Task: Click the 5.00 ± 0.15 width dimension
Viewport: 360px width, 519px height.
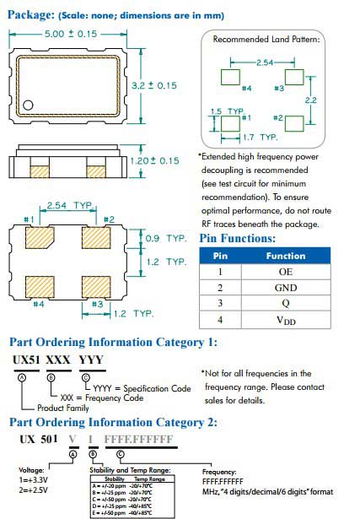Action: [70, 33]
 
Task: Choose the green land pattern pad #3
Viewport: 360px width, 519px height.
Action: [294, 77]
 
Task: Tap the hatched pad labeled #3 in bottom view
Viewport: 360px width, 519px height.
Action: [96, 284]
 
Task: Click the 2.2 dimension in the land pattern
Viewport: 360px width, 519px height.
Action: [311, 100]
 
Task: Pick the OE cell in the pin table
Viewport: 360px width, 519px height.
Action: [286, 273]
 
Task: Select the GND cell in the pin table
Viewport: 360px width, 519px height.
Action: [286, 289]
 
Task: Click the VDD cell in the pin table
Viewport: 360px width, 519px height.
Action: [286, 321]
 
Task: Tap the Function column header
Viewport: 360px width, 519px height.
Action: [286, 256]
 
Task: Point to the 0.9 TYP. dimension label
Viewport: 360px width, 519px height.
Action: [164, 239]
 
